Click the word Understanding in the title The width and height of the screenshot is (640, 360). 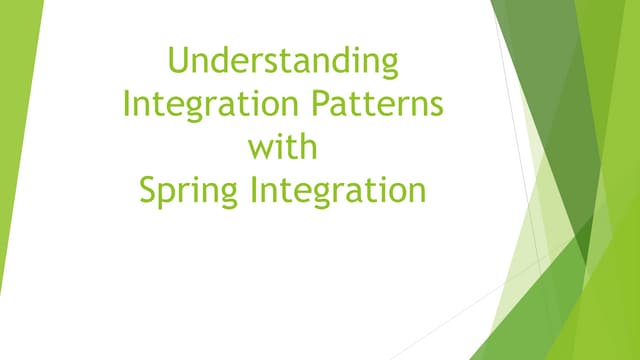(283, 61)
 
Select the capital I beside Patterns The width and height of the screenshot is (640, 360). (127, 103)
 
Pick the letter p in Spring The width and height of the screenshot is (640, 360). (166, 194)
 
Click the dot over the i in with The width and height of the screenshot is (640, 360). (275, 135)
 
